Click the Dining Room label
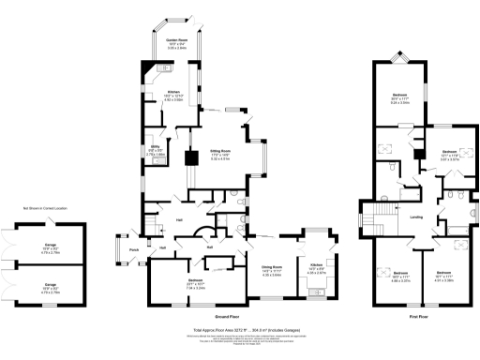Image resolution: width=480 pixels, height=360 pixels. point(271,271)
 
